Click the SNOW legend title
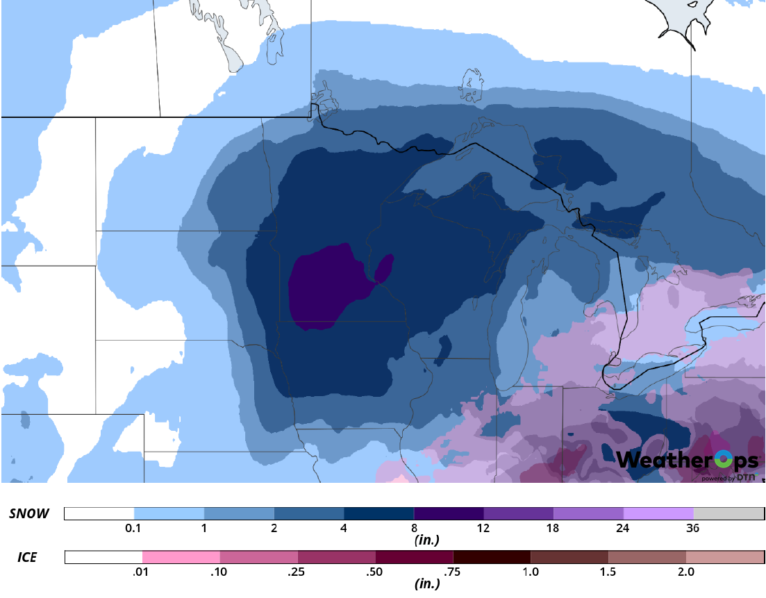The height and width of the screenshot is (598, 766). (x=29, y=514)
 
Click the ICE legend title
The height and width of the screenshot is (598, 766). (x=27, y=557)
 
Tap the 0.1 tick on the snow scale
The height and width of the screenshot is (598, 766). (x=133, y=528)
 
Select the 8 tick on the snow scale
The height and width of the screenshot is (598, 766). (x=414, y=528)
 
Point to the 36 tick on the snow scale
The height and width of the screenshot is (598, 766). (x=693, y=528)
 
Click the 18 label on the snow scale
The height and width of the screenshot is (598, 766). (x=553, y=528)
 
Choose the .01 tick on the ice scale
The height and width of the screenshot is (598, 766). (x=142, y=572)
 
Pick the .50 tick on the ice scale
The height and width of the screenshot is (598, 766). (x=376, y=572)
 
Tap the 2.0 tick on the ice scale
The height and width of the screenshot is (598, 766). (x=685, y=572)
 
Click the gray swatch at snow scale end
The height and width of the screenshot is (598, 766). (x=728, y=513)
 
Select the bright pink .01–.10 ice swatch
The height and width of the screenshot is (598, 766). (x=181, y=557)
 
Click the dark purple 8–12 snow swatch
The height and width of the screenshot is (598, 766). (x=449, y=513)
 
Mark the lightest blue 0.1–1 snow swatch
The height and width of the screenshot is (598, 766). (x=169, y=513)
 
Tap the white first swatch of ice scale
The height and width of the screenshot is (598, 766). (x=103, y=557)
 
